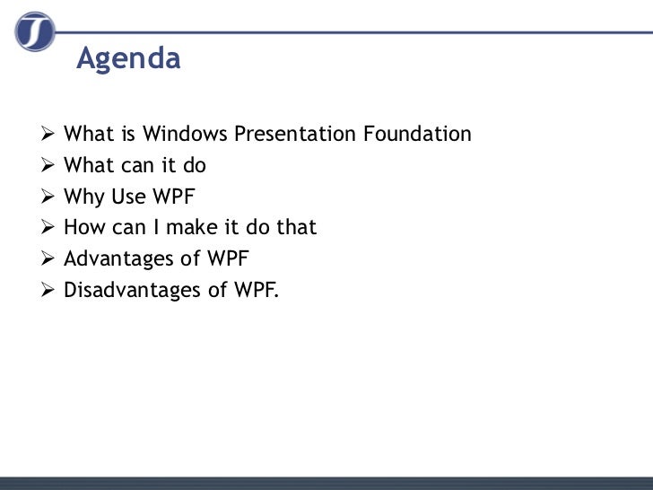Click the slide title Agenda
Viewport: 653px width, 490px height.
(128, 58)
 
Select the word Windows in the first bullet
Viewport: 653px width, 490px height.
(186, 135)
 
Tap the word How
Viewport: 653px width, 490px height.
(85, 228)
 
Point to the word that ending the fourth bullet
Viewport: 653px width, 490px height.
(296, 228)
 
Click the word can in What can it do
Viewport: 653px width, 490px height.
(135, 166)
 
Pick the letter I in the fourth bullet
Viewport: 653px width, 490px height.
(156, 228)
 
